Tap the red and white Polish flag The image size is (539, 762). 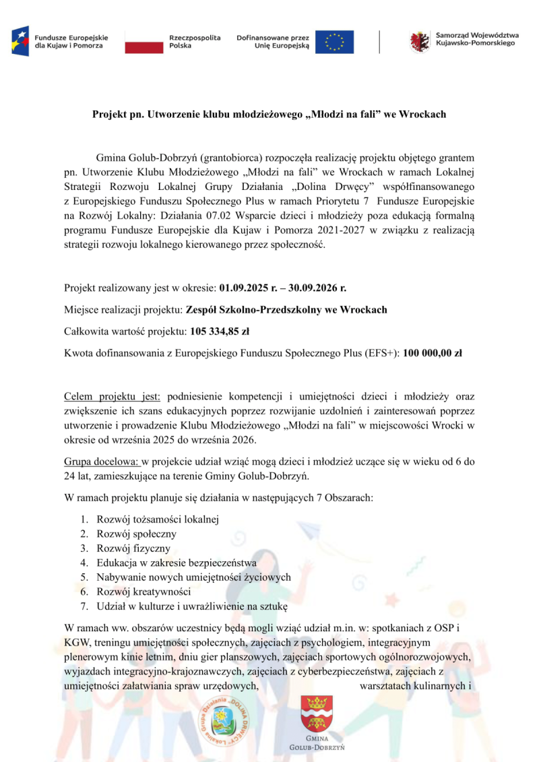tap(144, 42)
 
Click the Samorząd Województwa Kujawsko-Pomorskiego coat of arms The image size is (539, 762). tap(420, 42)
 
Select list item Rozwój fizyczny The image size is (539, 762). tap(133, 548)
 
